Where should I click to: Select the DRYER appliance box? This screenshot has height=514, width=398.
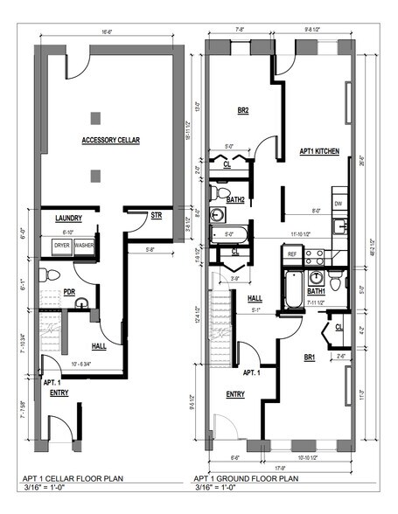point(62,246)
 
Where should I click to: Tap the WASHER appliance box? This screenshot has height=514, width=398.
point(84,246)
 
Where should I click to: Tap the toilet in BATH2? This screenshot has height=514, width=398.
point(220,191)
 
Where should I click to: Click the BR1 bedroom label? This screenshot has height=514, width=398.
point(311,358)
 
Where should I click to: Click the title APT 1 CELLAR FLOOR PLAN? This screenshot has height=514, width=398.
point(78,480)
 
